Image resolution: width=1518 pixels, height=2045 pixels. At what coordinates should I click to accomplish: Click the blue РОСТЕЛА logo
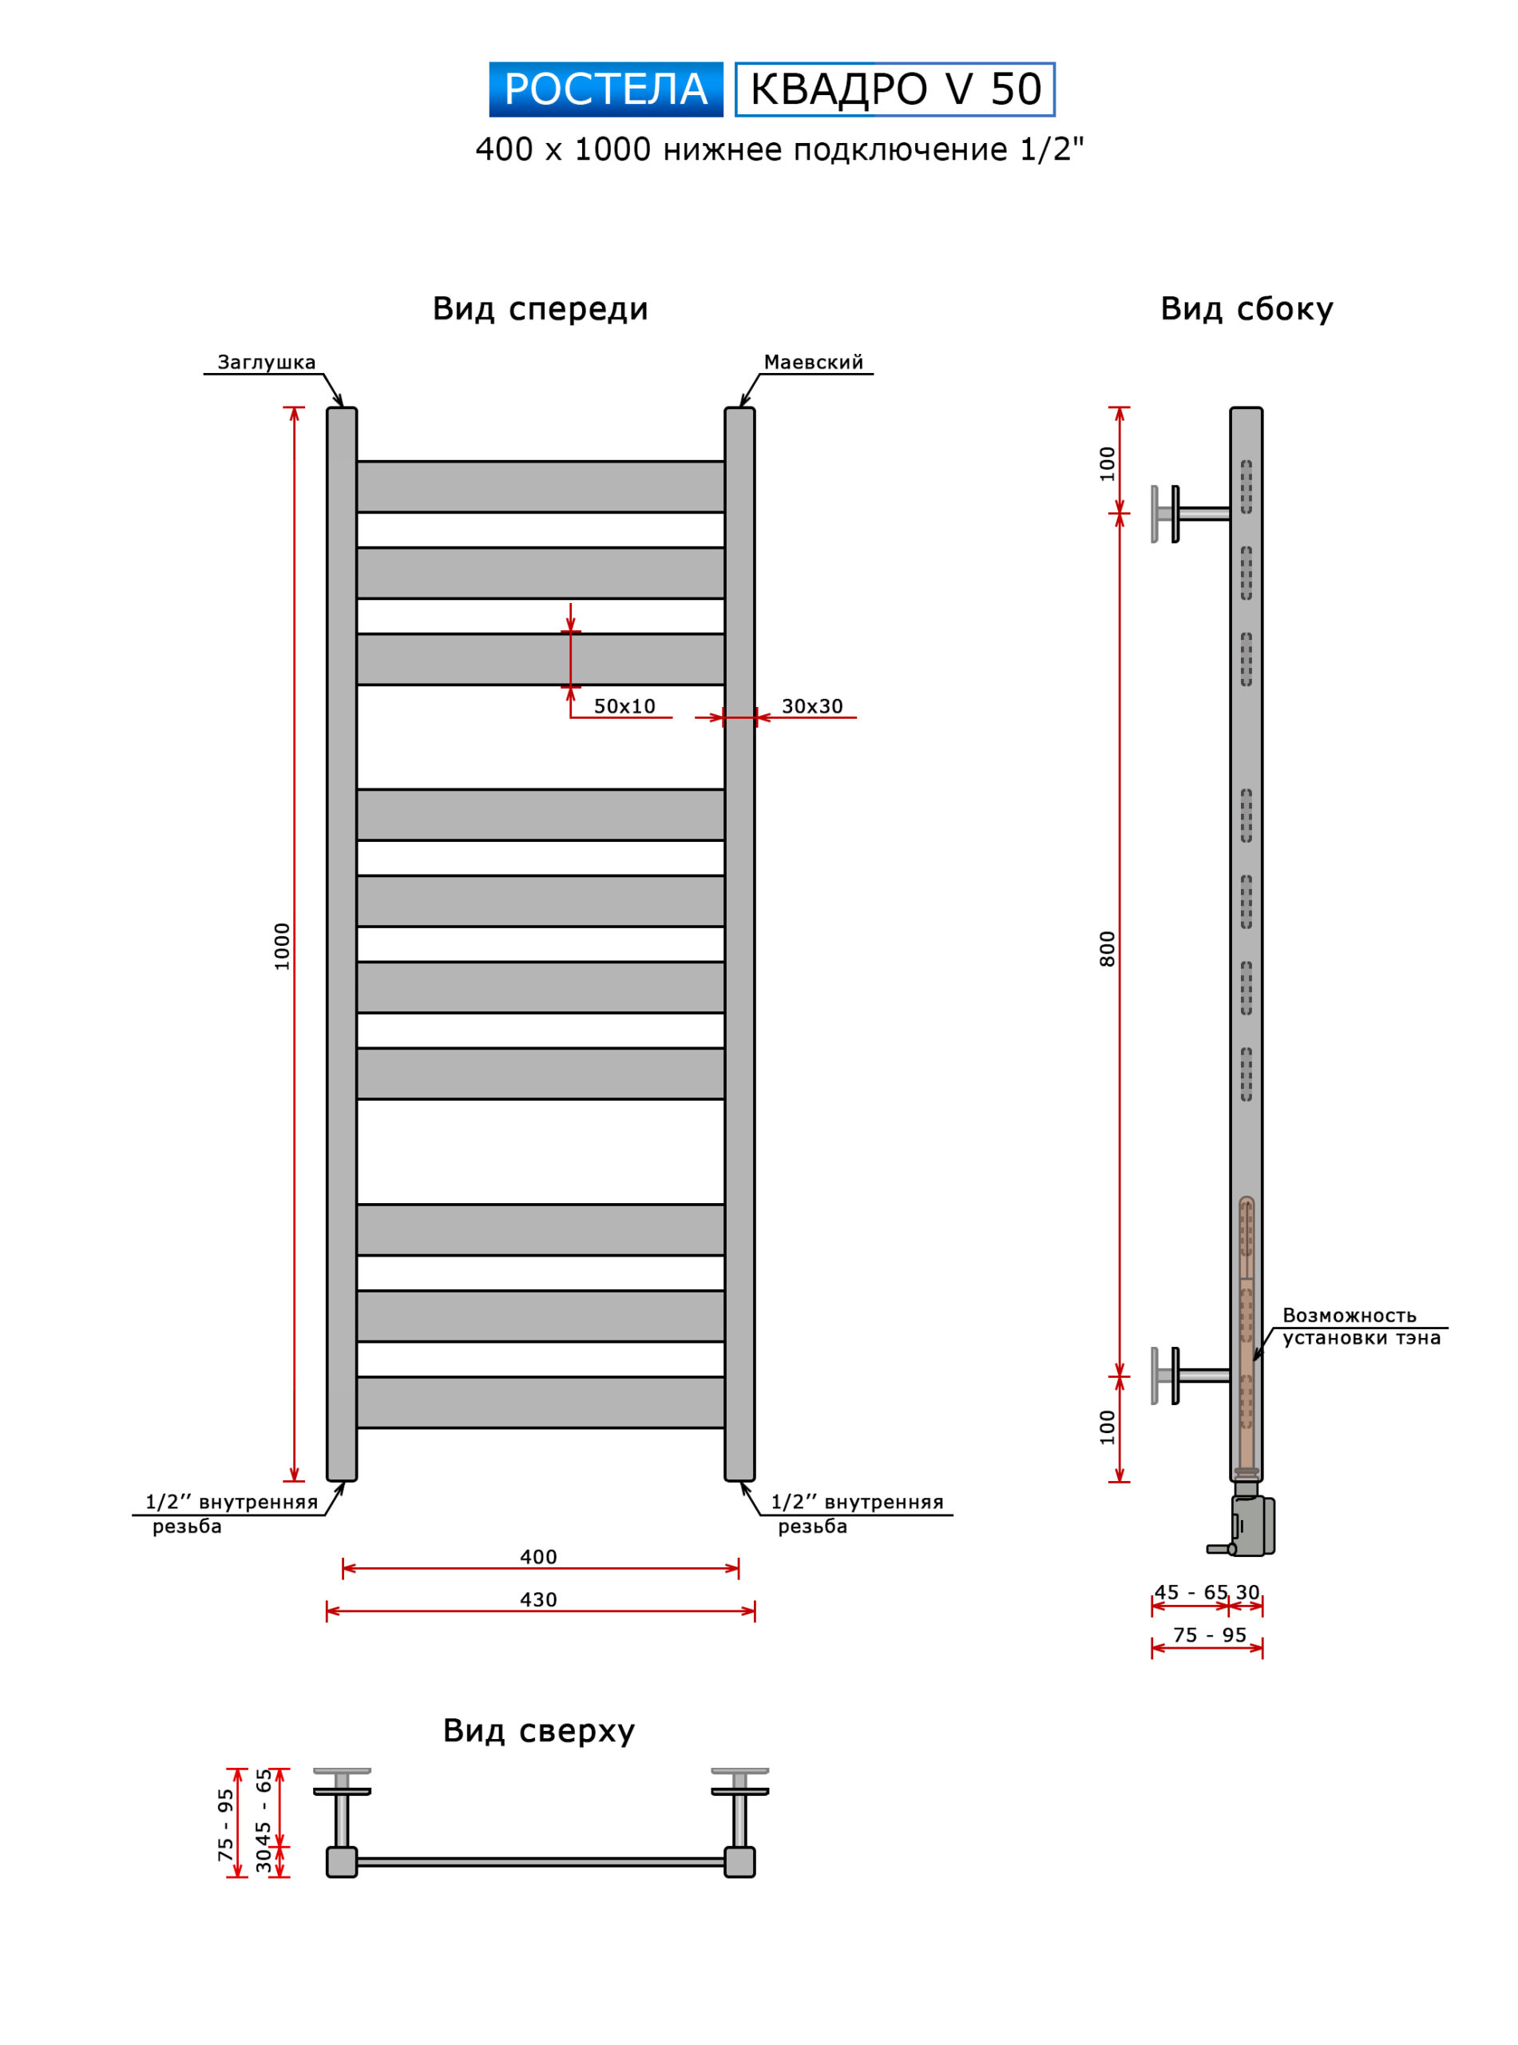pos(605,89)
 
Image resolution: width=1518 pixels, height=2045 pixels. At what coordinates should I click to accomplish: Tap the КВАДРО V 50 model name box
pos(895,89)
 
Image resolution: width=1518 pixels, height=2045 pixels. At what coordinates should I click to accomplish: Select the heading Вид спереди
pos(541,310)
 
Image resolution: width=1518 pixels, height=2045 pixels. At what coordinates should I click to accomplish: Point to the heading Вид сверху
pos(538,1732)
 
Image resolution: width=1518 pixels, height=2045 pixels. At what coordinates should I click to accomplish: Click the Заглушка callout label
pos(267,362)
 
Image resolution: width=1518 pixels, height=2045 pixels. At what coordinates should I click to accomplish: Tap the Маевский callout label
pos(813,362)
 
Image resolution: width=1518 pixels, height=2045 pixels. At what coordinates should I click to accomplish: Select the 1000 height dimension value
pos(281,946)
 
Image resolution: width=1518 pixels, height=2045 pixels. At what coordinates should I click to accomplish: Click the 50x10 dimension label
pos(624,706)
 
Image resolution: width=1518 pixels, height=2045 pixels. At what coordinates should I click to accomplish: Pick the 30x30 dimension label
pos(811,706)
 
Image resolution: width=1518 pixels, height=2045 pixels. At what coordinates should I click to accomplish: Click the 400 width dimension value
pos(538,1557)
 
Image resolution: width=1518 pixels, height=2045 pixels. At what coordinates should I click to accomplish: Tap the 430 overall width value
pos(538,1599)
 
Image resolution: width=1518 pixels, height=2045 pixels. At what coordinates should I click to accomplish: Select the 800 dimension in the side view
pos(1108,948)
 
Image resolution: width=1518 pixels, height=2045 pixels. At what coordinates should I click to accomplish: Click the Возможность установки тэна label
pos(1361,1326)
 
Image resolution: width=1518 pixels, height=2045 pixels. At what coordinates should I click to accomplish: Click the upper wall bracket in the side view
pos(1189,514)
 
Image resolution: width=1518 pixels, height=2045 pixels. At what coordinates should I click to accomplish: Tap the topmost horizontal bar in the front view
pos(541,486)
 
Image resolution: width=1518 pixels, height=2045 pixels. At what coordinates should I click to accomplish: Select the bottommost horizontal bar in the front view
pos(541,1402)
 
